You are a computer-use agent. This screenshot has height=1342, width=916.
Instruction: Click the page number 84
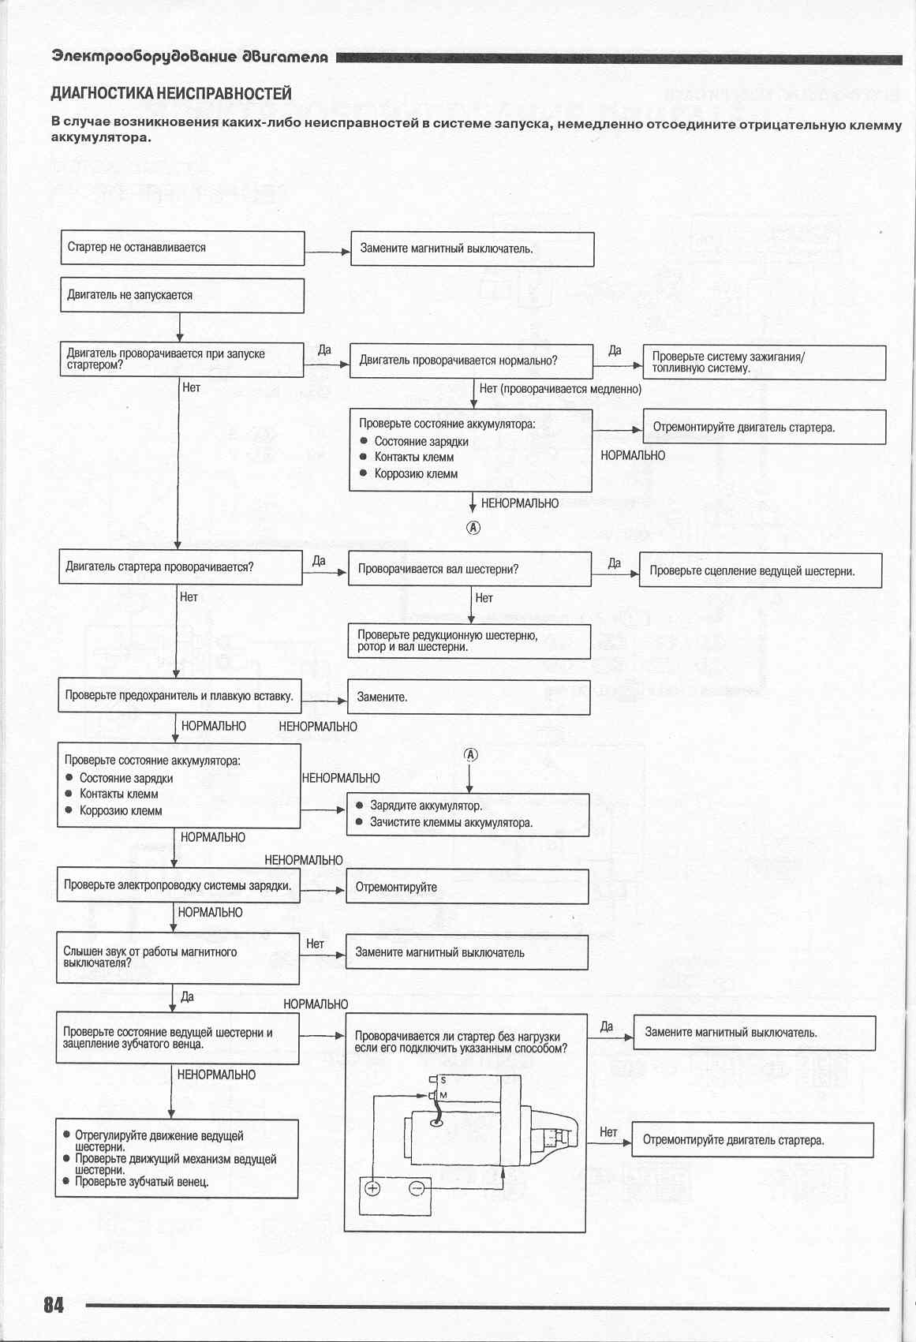tap(54, 1304)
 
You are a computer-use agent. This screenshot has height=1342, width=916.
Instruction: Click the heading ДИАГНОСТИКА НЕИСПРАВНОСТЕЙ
tap(171, 94)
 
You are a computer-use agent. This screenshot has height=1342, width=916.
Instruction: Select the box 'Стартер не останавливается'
tap(182, 248)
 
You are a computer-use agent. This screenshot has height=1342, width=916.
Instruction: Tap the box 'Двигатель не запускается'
tap(182, 296)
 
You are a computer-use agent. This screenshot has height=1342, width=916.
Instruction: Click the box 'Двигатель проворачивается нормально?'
tap(471, 361)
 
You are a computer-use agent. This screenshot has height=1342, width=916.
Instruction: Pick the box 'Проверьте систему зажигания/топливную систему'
tap(765, 362)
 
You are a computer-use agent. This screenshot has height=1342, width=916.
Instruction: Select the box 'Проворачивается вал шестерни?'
tap(469, 569)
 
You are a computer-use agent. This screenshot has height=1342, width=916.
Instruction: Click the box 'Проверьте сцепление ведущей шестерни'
tap(760, 570)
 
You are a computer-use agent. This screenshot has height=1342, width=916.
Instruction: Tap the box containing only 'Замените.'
tap(469, 697)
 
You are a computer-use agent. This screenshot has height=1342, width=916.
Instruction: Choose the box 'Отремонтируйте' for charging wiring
tap(467, 887)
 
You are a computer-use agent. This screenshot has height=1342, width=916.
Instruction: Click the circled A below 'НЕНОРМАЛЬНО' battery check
tap(473, 528)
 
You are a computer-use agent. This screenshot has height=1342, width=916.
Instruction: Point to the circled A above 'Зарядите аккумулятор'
tap(470, 755)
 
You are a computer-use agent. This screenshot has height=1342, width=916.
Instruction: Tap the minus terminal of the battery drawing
tap(417, 1189)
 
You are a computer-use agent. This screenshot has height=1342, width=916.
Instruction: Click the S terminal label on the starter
tap(443, 1079)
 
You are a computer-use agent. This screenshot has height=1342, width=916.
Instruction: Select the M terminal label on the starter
tap(443, 1095)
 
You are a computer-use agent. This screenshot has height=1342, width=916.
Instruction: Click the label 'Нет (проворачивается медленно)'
tap(560, 389)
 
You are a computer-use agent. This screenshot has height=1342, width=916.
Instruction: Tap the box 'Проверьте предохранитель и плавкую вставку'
tap(180, 696)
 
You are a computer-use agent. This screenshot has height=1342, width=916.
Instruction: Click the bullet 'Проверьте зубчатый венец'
tap(142, 1182)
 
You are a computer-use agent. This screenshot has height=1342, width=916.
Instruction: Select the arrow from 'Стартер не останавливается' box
tap(327, 252)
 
